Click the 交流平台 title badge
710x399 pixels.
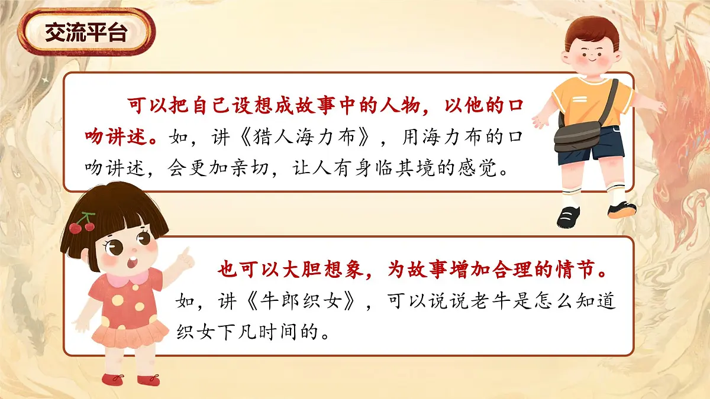click(86, 33)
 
